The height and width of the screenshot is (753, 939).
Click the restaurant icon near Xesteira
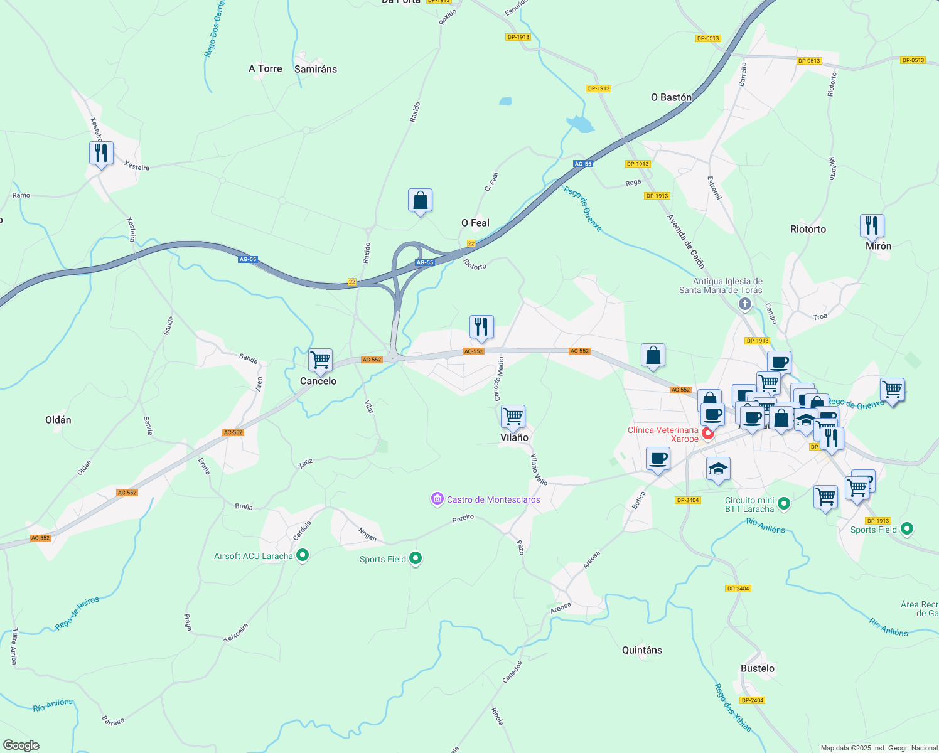[101, 153]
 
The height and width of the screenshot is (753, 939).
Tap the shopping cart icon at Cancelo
[320, 360]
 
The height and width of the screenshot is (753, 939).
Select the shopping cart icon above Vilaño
[513, 416]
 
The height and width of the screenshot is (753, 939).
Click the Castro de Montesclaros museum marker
[437, 499]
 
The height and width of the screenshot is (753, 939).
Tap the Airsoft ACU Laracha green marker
[303, 555]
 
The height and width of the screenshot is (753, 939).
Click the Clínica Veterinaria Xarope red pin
[708, 433]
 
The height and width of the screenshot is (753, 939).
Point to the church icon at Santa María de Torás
[745, 304]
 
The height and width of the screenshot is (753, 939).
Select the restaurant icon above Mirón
[872, 225]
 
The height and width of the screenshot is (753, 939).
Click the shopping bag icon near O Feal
[420, 201]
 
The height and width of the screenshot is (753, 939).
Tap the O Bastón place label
[671, 97]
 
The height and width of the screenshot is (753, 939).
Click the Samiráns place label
[316, 69]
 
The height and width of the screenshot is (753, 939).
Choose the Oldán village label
[58, 420]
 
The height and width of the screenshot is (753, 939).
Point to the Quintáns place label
[641, 650]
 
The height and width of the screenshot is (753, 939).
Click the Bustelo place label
[757, 668]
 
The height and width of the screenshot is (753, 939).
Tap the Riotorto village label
[808, 229]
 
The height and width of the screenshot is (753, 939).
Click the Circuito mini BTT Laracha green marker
[783, 503]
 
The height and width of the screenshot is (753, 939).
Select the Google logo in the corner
[21, 745]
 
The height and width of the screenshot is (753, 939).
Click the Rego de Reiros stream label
[77, 613]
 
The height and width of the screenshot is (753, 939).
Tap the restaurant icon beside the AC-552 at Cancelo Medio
[481, 327]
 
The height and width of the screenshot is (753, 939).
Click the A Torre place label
[266, 68]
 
